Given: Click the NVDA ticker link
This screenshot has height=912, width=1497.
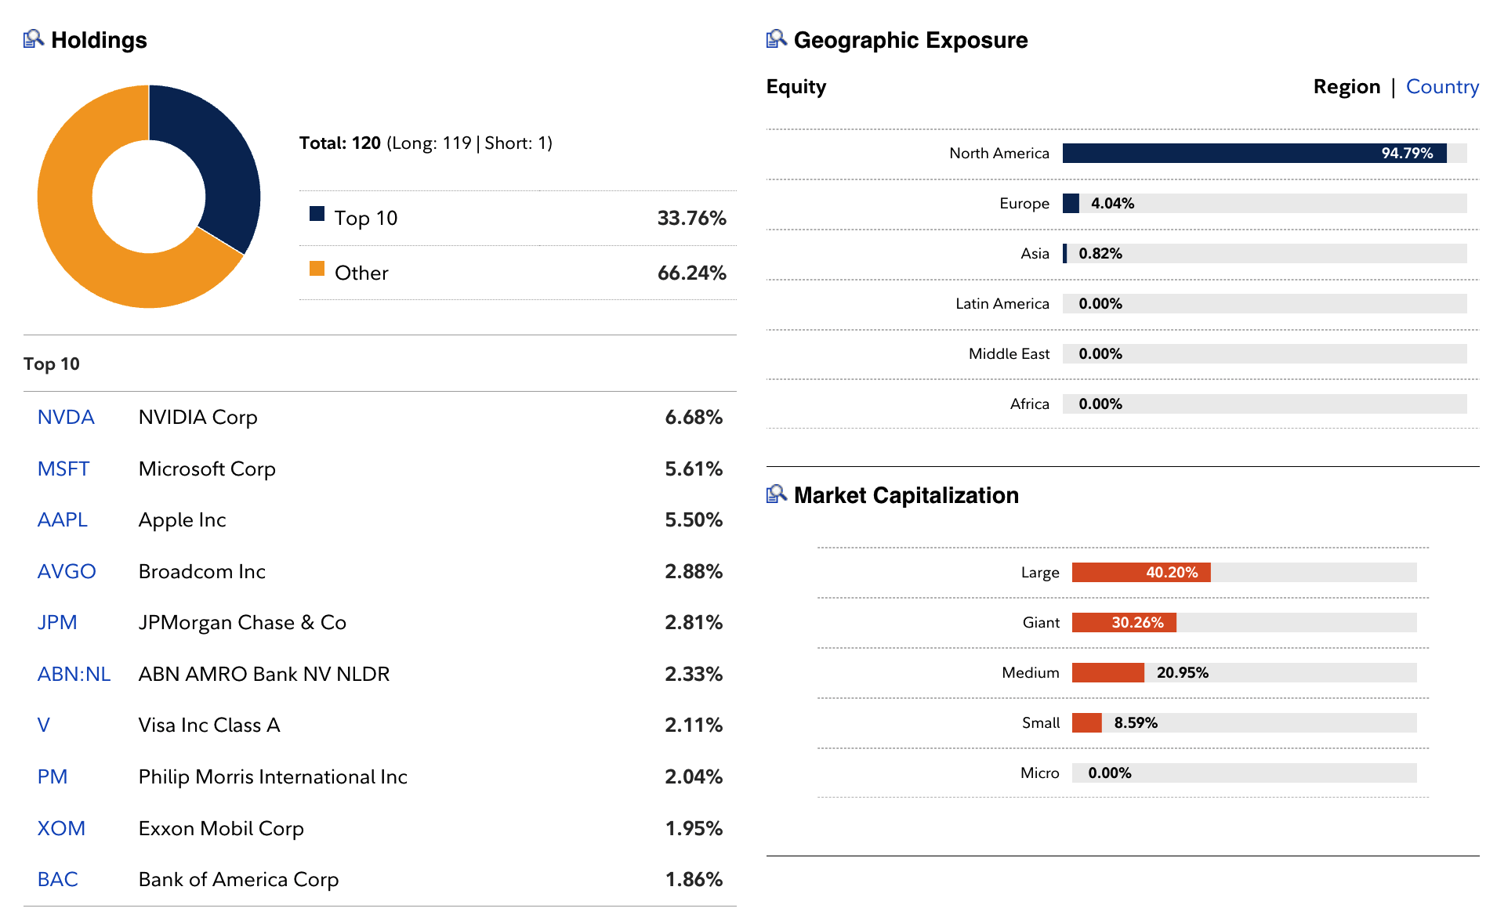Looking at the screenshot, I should (x=66, y=418).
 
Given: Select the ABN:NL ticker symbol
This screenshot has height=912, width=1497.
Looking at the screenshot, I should (x=74, y=674).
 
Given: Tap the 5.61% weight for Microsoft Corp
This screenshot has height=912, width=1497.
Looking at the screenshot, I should (x=693, y=469).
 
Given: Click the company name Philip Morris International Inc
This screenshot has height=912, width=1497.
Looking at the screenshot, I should (x=273, y=776).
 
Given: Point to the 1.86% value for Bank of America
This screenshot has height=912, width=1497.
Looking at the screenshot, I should (x=693, y=879).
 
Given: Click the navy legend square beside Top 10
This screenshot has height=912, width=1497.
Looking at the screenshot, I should (x=317, y=214).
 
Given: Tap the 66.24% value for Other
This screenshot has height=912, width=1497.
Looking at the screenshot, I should (x=691, y=273).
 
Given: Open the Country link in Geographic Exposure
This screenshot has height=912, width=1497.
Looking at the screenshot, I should (x=1441, y=87).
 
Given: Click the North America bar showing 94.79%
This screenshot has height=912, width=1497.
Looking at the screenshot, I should (x=1254, y=154).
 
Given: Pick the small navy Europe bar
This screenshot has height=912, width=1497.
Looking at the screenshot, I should (x=1071, y=204).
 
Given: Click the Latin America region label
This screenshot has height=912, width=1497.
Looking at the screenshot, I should (x=1002, y=304).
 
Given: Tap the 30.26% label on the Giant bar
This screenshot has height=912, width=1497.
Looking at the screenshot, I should (x=1137, y=623).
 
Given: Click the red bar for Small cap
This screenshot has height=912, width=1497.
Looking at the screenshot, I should (x=1086, y=723).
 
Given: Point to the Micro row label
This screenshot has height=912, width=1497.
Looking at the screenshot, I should (x=1039, y=773).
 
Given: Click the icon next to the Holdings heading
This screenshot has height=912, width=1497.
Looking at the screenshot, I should (x=33, y=38).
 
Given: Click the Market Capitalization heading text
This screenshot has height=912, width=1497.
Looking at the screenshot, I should (x=906, y=495).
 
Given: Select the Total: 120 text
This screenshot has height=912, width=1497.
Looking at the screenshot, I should (x=340, y=143).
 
